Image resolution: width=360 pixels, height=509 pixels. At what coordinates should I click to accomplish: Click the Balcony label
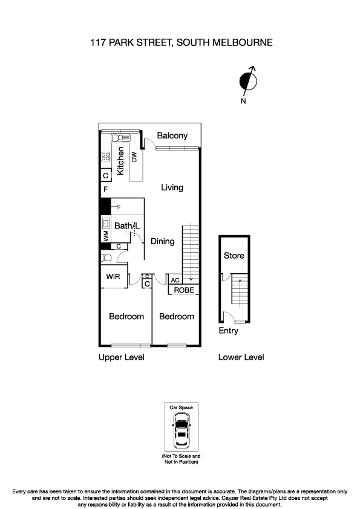[x=172, y=136]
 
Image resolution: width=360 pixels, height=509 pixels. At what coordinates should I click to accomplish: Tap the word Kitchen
[x=120, y=161]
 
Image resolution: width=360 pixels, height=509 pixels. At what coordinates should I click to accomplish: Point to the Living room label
[x=172, y=187]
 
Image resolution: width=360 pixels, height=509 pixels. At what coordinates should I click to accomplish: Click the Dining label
[x=162, y=241]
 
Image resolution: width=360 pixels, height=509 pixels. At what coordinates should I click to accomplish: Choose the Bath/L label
[x=127, y=226]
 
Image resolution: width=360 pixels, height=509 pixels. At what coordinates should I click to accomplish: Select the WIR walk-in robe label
[x=113, y=277]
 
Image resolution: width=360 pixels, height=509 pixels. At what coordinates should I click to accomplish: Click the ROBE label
[x=184, y=290]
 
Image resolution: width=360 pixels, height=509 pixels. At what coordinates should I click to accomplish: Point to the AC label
[x=175, y=280]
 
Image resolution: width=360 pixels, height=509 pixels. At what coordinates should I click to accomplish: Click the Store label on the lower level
[x=234, y=256]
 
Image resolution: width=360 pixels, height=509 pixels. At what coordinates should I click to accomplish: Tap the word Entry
[x=229, y=331]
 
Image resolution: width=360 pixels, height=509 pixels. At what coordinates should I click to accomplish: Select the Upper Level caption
[x=121, y=357]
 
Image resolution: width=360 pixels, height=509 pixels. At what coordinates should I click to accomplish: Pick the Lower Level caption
[x=241, y=357]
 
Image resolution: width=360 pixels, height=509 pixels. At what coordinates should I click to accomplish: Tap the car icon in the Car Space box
[x=181, y=430]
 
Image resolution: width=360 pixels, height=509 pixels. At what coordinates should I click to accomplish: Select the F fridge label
[x=105, y=190]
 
